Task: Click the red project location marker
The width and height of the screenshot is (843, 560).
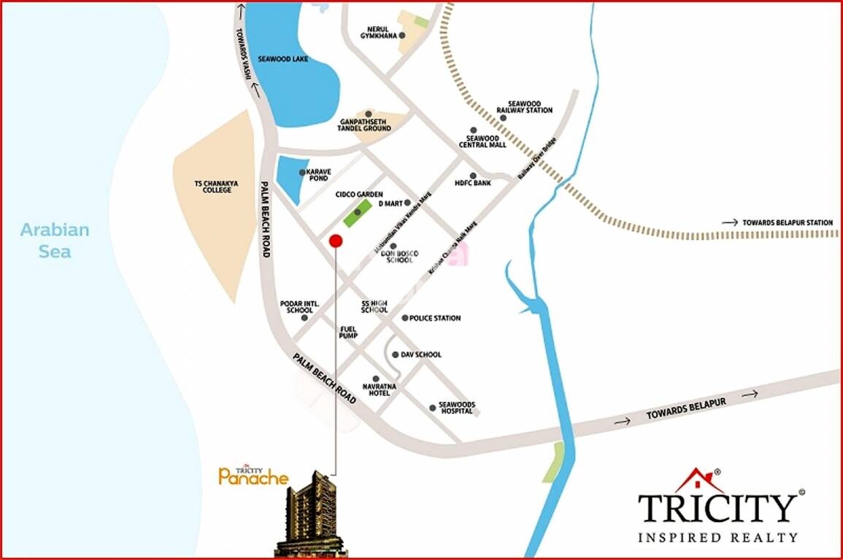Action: coord(335,241)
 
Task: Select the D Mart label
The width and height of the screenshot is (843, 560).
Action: coord(390,203)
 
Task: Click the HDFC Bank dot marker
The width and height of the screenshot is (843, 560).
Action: coord(473,176)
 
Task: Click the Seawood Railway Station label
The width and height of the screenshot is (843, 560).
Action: coord(524,107)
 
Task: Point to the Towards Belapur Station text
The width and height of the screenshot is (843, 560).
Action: coord(787,222)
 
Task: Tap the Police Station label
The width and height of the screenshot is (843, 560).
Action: coord(435,319)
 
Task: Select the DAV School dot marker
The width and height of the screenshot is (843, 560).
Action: coord(395,355)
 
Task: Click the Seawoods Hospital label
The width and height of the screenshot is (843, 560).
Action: coord(456,408)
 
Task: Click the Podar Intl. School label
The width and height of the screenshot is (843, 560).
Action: coord(296,306)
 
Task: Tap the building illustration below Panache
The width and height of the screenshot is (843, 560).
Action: coord(310,514)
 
